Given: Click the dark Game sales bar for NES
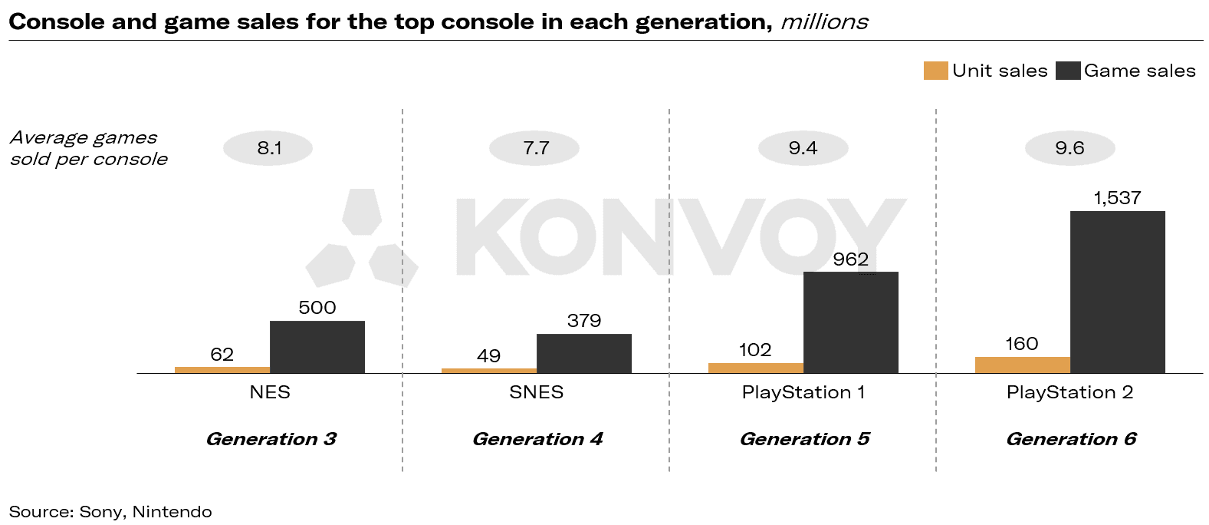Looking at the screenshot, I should (x=317, y=347).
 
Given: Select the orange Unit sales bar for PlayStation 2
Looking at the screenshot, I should (x=1022, y=365).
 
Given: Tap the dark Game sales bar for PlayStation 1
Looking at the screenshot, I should (x=850, y=322).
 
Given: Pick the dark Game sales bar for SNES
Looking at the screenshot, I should (x=583, y=354).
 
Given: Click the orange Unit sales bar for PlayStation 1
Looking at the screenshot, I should (x=755, y=368).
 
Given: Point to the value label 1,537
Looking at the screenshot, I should (x=1117, y=198).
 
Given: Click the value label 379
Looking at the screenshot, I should (x=583, y=321).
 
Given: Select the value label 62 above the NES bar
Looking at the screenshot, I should (x=222, y=355).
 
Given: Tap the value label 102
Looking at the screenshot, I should (x=755, y=350).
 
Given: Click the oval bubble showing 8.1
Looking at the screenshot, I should (x=268, y=148).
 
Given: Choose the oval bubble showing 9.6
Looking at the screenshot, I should (x=1069, y=148).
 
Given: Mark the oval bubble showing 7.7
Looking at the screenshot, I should (x=535, y=148).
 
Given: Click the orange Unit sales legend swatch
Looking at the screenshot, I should (x=935, y=71).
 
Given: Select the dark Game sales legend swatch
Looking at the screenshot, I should (x=1067, y=71).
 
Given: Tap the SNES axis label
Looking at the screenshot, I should (x=536, y=392).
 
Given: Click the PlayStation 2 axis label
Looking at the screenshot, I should (x=1069, y=392).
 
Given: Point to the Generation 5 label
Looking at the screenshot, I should (x=804, y=439).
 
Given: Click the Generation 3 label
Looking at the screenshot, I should (x=271, y=439).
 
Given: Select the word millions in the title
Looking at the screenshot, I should (x=824, y=21).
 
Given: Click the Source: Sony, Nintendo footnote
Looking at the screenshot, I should (x=110, y=512).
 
